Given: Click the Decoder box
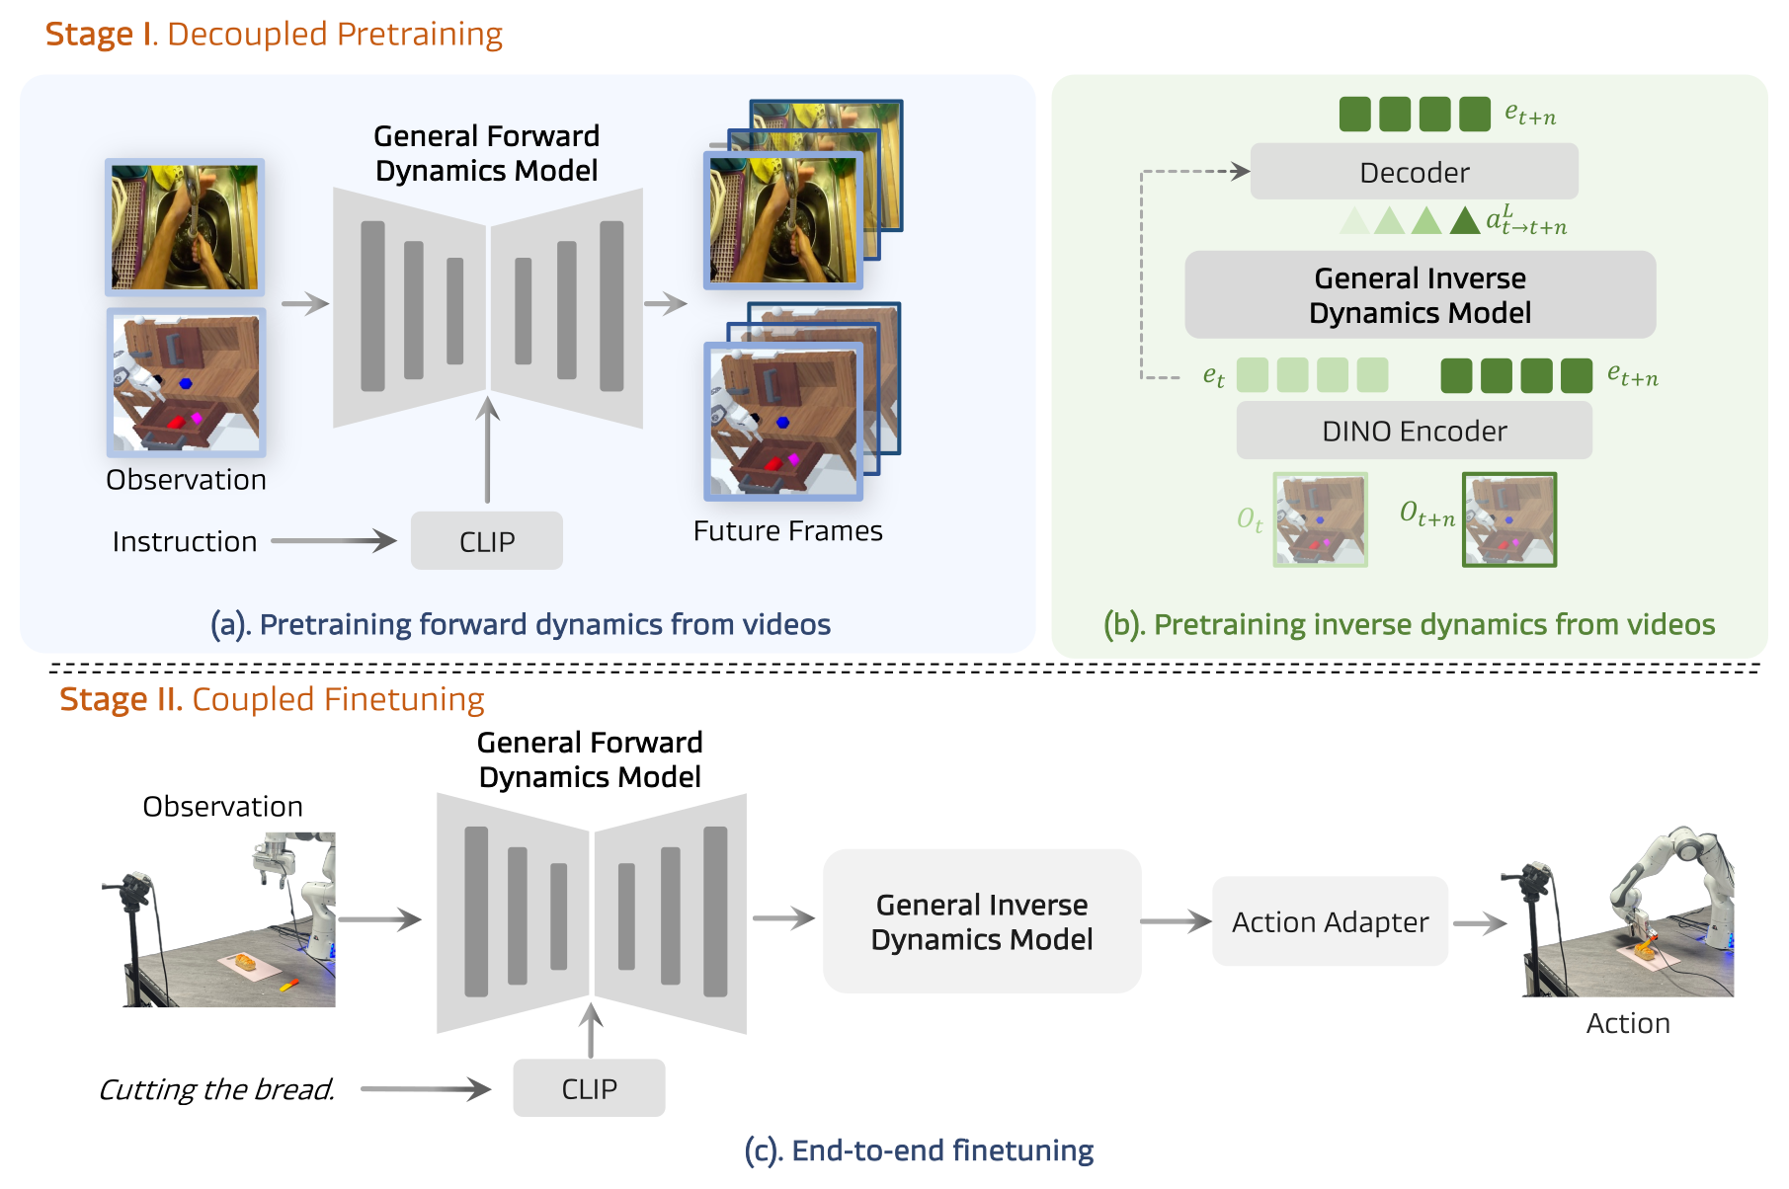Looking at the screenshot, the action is tap(1414, 172).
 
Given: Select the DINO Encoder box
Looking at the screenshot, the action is tap(1414, 431).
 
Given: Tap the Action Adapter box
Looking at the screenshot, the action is tap(1330, 921).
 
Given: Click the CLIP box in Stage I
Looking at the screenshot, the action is tap(487, 541).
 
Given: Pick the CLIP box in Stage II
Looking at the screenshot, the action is tap(589, 1088).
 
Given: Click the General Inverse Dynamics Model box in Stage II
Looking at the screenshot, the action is tap(982, 921).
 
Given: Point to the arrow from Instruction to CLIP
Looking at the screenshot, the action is tap(334, 540).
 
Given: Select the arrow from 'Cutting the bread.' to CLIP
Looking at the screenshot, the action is tap(426, 1089).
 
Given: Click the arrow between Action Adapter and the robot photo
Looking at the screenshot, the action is tap(1480, 923).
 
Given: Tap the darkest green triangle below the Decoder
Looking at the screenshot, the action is tap(1465, 221).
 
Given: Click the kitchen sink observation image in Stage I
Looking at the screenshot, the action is tap(185, 227).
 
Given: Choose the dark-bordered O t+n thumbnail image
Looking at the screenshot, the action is tap(1509, 519).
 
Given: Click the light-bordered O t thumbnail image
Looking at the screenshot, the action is tap(1321, 519).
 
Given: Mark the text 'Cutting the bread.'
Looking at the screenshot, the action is tap(216, 1089).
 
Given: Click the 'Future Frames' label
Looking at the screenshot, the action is tap(787, 531).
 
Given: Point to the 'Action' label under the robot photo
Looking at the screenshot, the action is tap(1628, 1023).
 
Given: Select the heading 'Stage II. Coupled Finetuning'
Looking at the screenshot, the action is tap(272, 699).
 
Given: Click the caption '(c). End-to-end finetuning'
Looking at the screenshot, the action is tap(919, 1150).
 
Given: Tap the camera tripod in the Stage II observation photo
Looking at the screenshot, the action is tap(133, 938).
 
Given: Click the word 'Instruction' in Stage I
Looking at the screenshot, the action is tap(185, 541).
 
